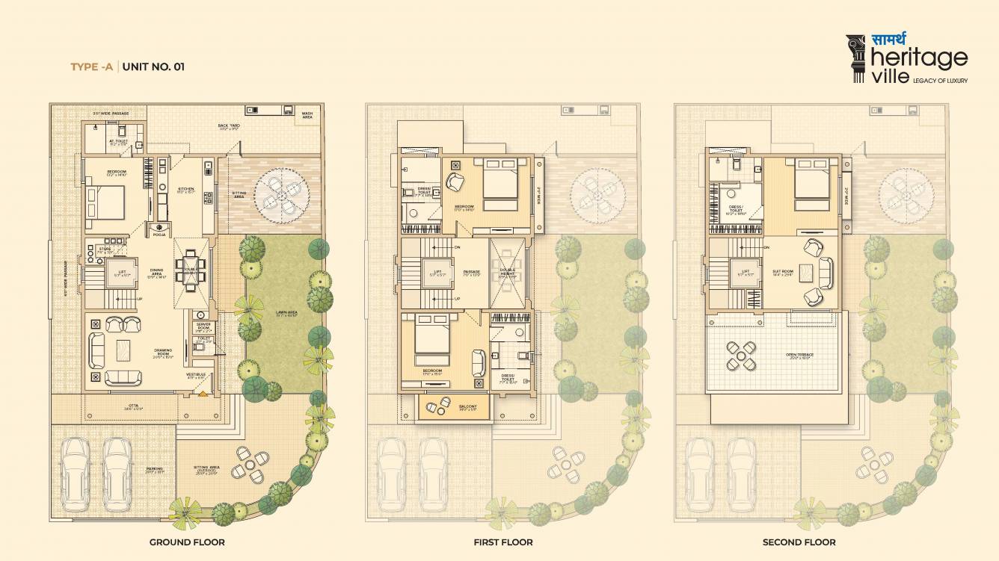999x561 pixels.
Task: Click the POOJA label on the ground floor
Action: tap(159, 235)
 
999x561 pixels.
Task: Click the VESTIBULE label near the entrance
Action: tap(196, 376)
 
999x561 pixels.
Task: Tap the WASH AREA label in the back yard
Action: tap(307, 116)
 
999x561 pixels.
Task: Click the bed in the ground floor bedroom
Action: tap(104, 202)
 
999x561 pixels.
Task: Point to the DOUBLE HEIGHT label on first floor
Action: tap(508, 274)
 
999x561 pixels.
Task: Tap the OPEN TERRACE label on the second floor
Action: tap(799, 355)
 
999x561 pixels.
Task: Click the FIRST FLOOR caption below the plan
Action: tap(503, 542)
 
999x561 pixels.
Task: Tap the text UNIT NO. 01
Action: tap(153, 66)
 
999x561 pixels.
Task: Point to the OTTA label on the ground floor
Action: tap(132, 407)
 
